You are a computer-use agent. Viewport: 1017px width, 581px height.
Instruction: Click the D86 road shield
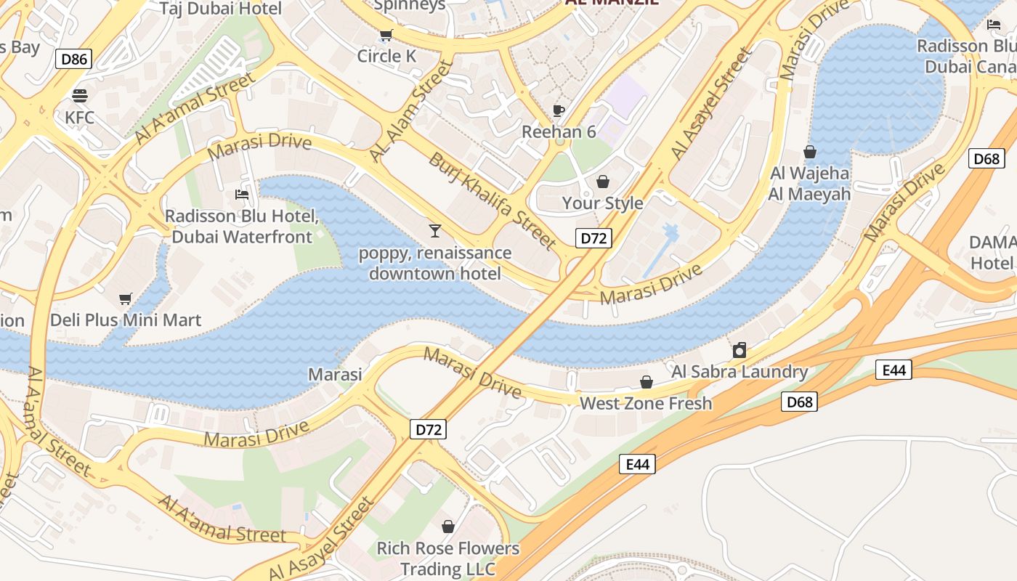click(x=74, y=59)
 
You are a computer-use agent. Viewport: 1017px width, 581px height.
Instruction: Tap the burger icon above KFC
click(x=80, y=95)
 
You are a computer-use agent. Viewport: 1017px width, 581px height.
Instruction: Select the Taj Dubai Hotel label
click(x=220, y=9)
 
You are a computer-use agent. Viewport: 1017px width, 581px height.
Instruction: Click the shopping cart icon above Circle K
click(x=386, y=35)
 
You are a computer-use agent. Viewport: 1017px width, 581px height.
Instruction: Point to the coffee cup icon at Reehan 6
click(x=559, y=110)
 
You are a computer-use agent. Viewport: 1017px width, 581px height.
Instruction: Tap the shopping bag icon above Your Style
click(x=602, y=181)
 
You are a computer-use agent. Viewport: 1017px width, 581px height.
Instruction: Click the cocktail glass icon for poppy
click(x=434, y=231)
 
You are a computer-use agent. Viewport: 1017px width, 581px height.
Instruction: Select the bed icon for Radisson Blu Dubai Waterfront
click(x=242, y=195)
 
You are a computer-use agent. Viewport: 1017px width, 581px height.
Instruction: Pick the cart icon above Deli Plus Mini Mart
click(x=125, y=298)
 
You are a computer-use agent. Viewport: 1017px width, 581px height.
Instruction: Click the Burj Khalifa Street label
click(x=493, y=200)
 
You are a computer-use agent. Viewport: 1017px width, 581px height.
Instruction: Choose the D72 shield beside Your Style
click(x=593, y=238)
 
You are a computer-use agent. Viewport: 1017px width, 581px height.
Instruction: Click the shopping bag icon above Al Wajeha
click(x=810, y=152)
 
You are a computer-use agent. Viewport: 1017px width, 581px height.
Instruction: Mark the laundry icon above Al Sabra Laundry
click(x=740, y=350)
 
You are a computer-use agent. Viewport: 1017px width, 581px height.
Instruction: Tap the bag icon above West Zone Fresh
click(x=646, y=382)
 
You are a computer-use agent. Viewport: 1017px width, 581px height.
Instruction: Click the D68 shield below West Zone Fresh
click(x=799, y=402)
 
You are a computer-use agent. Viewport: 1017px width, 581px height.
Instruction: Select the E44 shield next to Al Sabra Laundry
click(x=894, y=370)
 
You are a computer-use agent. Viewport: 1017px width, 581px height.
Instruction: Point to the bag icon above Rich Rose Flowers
click(x=448, y=526)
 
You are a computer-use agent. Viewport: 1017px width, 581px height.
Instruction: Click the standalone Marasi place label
click(x=335, y=374)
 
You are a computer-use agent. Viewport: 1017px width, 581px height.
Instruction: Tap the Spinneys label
click(x=410, y=6)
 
